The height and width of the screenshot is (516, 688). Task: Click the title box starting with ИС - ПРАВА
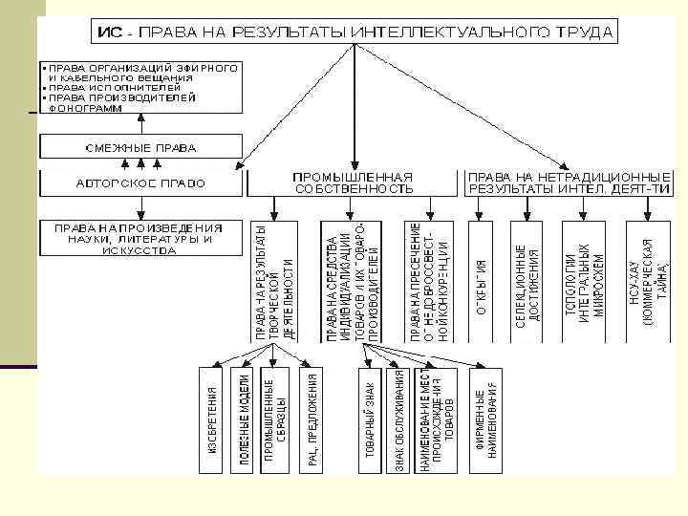pos(354,32)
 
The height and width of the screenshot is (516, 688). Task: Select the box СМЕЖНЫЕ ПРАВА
pos(140,147)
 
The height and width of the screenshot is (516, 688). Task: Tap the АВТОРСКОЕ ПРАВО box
pos(140,183)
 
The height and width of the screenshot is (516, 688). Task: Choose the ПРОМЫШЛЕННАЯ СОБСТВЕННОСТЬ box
pos(354,183)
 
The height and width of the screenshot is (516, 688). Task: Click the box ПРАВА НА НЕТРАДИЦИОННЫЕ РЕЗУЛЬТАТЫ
pos(568,183)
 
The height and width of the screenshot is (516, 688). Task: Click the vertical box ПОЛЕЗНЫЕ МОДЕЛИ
pos(244,419)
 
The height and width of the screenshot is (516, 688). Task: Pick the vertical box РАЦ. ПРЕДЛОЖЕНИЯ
pos(312,419)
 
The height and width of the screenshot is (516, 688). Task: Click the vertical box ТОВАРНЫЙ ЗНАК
pos(370,419)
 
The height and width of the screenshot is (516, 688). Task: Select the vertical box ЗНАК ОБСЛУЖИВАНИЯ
pos(400,419)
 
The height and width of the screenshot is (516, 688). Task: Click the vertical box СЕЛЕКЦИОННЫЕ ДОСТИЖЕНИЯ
pos(527,281)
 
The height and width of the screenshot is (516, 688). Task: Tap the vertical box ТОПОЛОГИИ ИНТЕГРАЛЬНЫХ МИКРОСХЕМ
pos(590,281)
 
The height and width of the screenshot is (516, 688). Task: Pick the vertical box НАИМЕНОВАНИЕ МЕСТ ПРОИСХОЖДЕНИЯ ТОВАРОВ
pos(436,419)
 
